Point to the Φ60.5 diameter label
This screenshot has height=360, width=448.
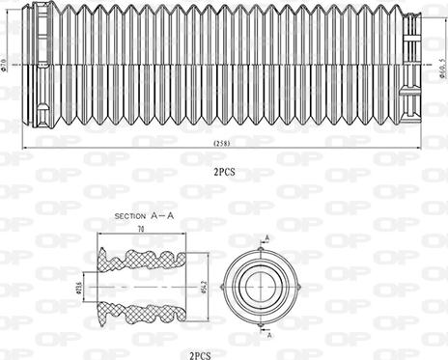point(441,67)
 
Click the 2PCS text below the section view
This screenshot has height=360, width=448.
point(201,354)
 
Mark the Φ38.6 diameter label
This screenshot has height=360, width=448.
point(81,287)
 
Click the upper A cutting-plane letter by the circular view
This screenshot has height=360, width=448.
point(267,237)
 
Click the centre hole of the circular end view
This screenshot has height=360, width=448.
point(262,286)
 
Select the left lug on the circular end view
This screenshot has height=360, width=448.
point(225,287)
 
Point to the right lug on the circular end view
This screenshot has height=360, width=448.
point(298,287)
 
